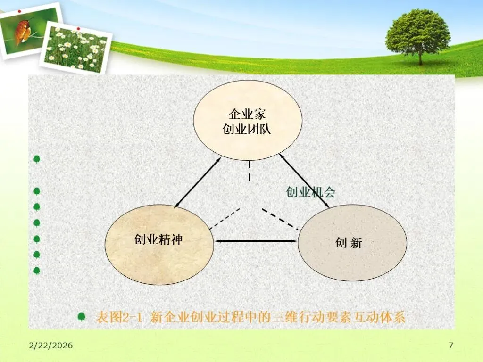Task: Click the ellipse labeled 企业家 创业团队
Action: pyautogui.click(x=247, y=122)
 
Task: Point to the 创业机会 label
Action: pyautogui.click(x=310, y=192)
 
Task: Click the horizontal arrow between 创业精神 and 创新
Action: pyautogui.click(x=256, y=241)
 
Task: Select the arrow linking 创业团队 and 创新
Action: pyautogui.click(x=304, y=181)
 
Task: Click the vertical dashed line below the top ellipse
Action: pyautogui.click(x=250, y=171)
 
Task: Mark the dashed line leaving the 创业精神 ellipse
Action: pyautogui.click(x=225, y=219)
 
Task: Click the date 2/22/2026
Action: pyautogui.click(x=50, y=346)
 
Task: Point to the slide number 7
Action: pyautogui.click(x=450, y=346)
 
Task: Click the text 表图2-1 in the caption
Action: pyautogui.click(x=119, y=317)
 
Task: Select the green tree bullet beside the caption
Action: pyautogui.click(x=82, y=317)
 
